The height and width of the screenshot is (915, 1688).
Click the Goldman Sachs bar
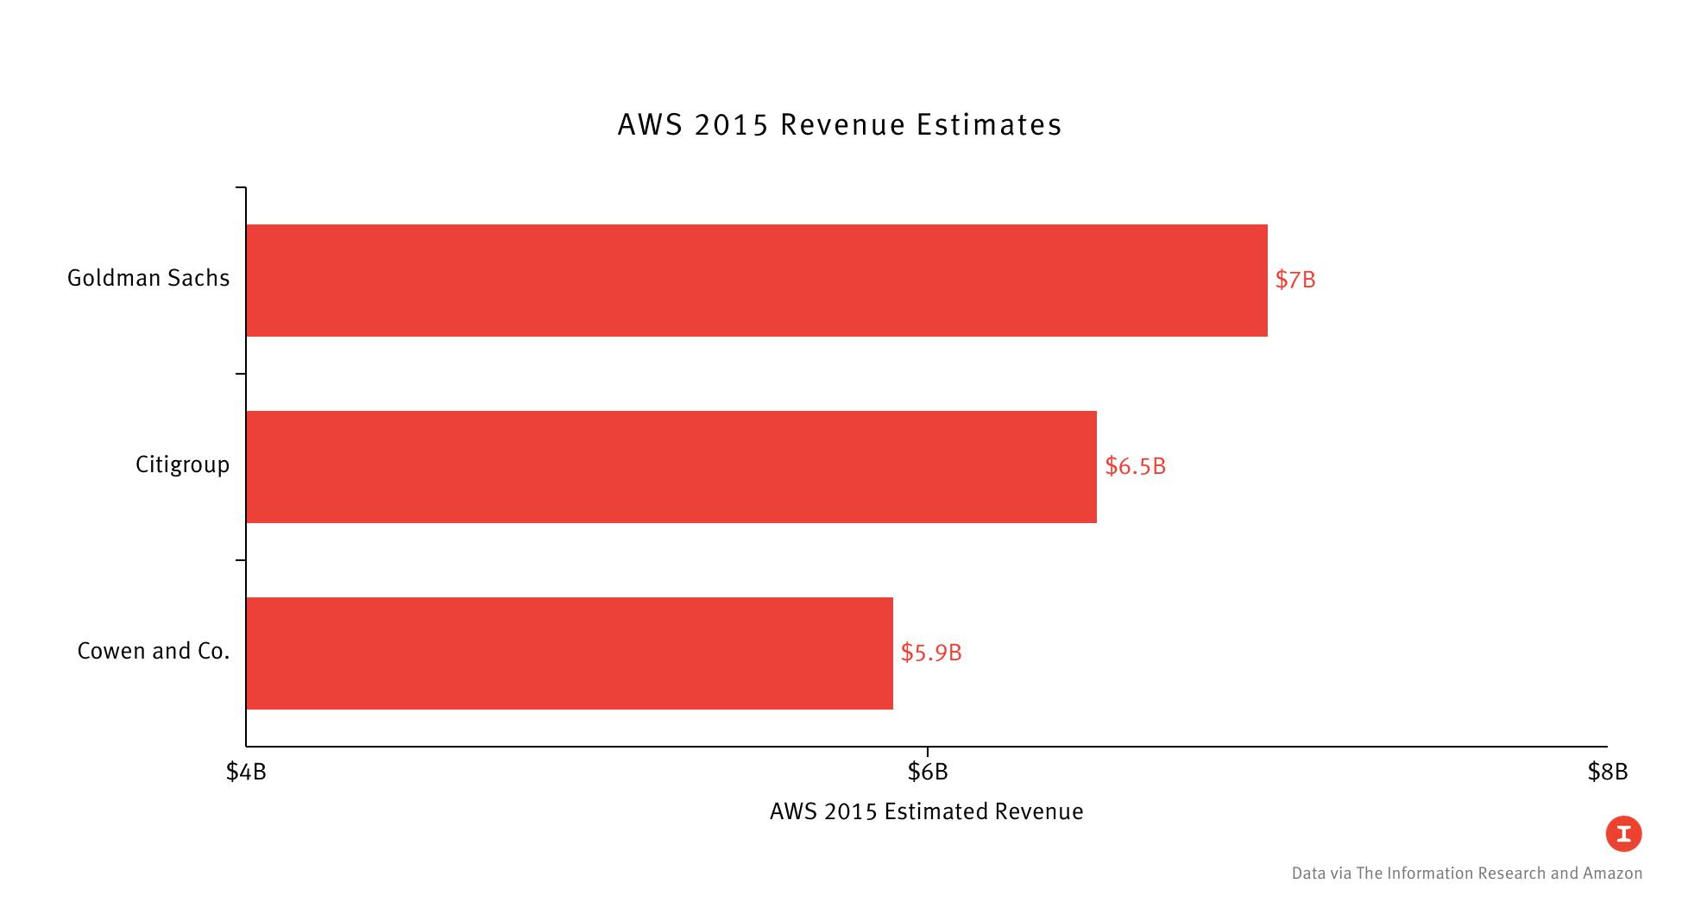coord(756,281)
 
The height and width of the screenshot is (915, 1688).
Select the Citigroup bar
coord(671,467)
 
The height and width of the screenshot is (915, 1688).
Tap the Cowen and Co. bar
coord(570,653)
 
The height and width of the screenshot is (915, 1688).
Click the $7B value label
coord(1294,280)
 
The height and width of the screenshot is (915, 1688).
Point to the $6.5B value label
coord(1135,466)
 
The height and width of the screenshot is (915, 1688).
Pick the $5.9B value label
coord(930,653)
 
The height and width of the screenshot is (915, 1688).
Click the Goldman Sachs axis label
coord(148,278)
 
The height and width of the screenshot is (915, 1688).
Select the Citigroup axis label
coord(182,464)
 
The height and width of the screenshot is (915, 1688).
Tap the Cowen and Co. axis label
coord(154,651)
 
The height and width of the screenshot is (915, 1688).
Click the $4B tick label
coord(246,772)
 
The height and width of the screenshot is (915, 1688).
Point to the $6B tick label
coord(927,772)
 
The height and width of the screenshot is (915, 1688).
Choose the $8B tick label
coord(1607,772)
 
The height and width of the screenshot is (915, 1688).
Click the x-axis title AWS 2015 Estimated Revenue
coord(926,811)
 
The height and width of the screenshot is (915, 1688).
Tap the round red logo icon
coord(1623,834)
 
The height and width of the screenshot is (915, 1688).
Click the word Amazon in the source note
coord(1612,874)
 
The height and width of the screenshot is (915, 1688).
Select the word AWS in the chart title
coord(650,124)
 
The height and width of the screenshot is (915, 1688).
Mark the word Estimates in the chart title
coord(989,124)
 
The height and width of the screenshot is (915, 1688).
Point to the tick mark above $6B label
coord(927,751)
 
